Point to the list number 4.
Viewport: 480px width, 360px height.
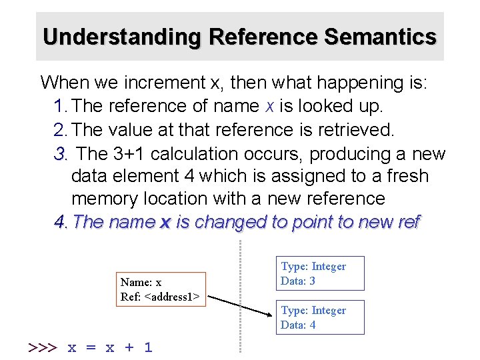click(61, 222)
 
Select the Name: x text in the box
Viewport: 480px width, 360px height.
click(141, 283)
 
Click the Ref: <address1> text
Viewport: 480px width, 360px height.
click(160, 297)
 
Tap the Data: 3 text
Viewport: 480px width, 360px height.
click(298, 281)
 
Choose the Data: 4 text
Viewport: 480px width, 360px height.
click(298, 325)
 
